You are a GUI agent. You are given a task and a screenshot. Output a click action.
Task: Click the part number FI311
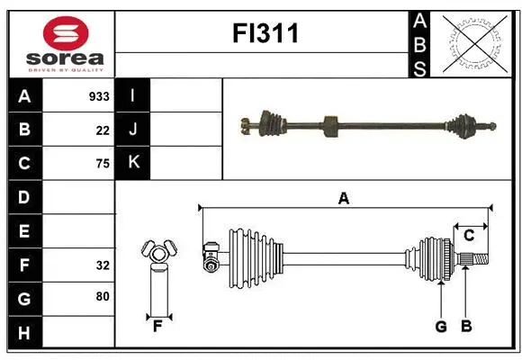tap(265, 33)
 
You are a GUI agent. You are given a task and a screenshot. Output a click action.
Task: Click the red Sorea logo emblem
tap(66, 33)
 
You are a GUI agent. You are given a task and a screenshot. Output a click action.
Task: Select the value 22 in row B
tap(103, 130)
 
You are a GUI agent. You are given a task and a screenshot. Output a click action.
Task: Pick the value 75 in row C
tap(103, 164)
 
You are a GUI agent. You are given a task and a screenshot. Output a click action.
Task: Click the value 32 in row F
tap(103, 265)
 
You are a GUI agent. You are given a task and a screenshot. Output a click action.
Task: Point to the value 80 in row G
tap(103, 296)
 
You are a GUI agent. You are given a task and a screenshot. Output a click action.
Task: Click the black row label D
tap(24, 197)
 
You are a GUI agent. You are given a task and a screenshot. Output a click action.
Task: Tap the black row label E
tap(24, 231)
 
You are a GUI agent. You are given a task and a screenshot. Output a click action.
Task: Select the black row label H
tap(24, 332)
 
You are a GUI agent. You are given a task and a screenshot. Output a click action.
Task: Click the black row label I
tap(132, 96)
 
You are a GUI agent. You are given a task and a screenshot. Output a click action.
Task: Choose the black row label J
tap(132, 130)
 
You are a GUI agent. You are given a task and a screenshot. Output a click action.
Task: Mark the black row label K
tap(132, 164)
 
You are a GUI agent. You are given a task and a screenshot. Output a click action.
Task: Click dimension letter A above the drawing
tap(343, 198)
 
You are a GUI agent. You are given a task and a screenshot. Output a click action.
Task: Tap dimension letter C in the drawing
tap(469, 235)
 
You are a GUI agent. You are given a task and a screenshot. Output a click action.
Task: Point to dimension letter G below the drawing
tap(441, 327)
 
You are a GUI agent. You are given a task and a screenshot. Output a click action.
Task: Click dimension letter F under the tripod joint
tap(157, 326)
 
